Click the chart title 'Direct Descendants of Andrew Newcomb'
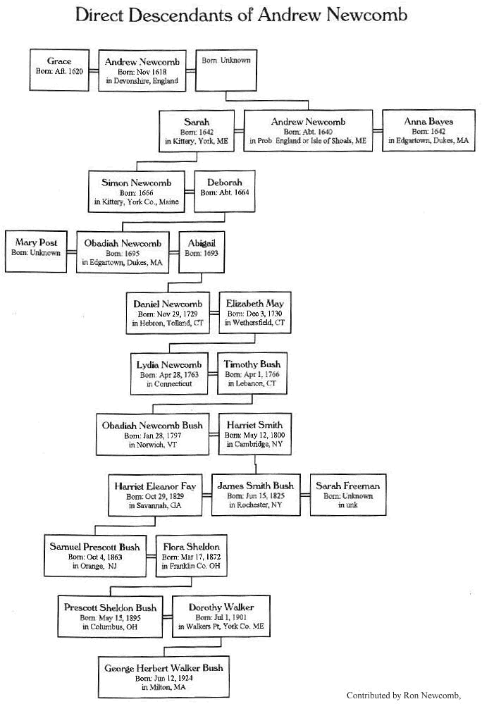pyautogui.click(x=241, y=15)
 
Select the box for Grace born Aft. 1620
pyautogui.click(x=59, y=70)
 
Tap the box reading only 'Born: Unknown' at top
pyautogui.click(x=226, y=70)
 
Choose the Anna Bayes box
pyautogui.click(x=428, y=130)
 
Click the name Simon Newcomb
pyautogui.click(x=136, y=183)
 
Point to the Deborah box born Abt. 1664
pyautogui.click(x=224, y=191)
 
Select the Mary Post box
pyautogui.click(x=36, y=252)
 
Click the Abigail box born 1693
pyautogui.click(x=202, y=252)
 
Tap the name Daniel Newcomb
pyautogui.click(x=168, y=304)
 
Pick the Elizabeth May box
pyautogui.click(x=255, y=312)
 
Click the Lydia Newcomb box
pyautogui.click(x=169, y=373)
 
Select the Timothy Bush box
pyautogui.click(x=252, y=373)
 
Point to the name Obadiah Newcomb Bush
pyautogui.click(x=152, y=425)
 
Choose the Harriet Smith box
pyautogui.click(x=255, y=434)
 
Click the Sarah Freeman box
pyautogui.click(x=348, y=495)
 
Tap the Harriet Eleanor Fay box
pyautogui.click(x=155, y=495)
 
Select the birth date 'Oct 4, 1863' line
pyautogui.click(x=95, y=557)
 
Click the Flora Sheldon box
pyautogui.click(x=191, y=556)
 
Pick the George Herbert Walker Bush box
pyautogui.click(x=163, y=677)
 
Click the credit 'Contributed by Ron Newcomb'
pyautogui.click(x=404, y=696)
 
